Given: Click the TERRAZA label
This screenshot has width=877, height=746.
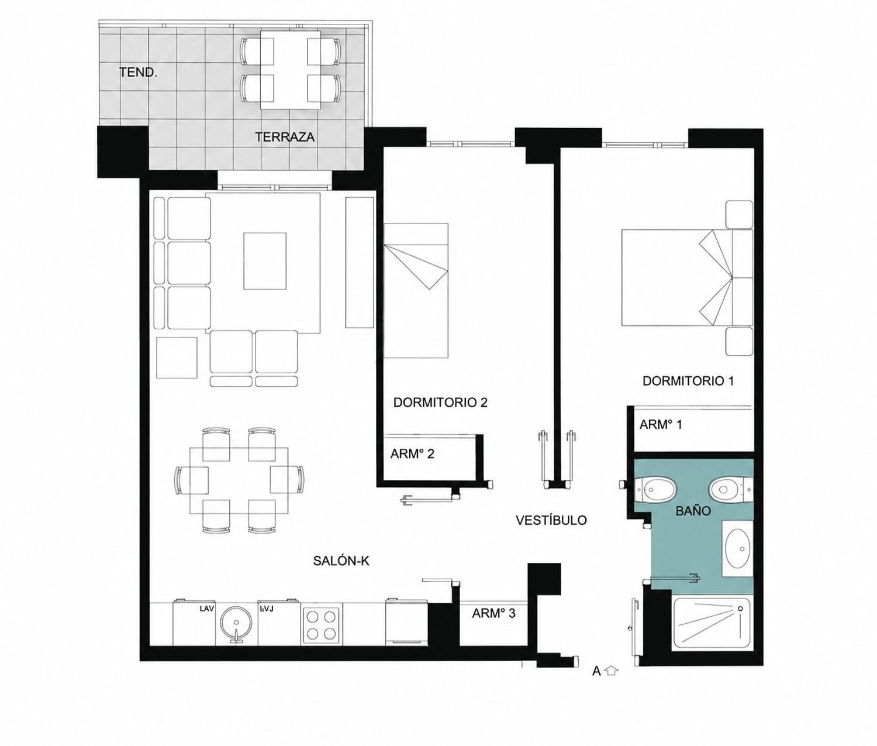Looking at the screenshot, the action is coord(285,137).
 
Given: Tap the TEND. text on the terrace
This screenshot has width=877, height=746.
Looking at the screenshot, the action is coord(138,72).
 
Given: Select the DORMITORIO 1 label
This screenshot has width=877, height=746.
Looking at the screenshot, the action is coord(688,381).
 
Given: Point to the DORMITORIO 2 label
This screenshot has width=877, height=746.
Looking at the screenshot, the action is coord(440,402).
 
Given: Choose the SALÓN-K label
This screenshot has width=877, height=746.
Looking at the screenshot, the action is coord(341,561).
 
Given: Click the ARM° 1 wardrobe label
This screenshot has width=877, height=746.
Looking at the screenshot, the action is coord(661,424).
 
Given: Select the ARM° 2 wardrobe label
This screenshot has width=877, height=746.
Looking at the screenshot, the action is coord(412,454).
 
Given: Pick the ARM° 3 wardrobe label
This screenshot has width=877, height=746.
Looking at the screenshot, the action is coord(493,613).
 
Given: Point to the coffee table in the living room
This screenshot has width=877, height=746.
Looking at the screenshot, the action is coord(265,261).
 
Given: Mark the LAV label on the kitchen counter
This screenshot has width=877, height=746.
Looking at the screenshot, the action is coord(207,609).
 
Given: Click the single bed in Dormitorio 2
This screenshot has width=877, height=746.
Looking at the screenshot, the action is coord(416,291).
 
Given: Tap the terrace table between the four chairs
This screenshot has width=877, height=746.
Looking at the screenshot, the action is coord(290,70).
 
